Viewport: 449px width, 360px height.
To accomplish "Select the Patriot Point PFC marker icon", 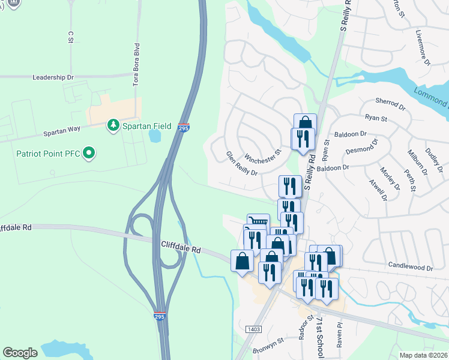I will (89, 154).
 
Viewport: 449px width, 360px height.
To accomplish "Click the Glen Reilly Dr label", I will (241, 163).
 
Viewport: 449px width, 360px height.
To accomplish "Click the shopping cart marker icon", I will (258, 221).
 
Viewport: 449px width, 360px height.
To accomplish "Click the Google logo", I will (20, 353).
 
